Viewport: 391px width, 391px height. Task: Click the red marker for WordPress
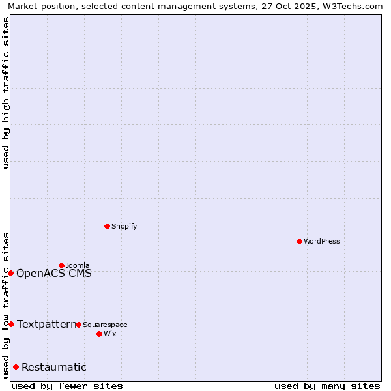[x=299, y=241]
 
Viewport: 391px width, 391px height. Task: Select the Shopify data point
[x=107, y=226]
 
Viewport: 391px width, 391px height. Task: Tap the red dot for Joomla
[x=61, y=265]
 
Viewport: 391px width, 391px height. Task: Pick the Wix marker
[x=99, y=334]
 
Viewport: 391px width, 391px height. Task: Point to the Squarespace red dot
[x=78, y=325]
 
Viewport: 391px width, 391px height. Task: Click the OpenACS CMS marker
[x=10, y=273]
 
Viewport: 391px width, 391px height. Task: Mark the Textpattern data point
[x=11, y=324]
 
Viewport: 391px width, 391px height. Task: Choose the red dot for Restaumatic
[x=16, y=367]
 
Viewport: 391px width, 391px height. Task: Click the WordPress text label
[x=322, y=242]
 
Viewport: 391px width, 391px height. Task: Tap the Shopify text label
[x=124, y=227]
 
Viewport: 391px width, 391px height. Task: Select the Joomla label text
[x=78, y=265]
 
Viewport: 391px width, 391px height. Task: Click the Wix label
[x=109, y=334]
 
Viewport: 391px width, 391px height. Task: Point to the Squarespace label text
[x=105, y=325]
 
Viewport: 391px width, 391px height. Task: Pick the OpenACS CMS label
[x=54, y=273]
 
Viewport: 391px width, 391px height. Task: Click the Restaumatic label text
[x=54, y=367]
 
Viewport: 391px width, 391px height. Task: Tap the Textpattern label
[x=47, y=324]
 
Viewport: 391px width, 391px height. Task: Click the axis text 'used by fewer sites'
[x=67, y=386]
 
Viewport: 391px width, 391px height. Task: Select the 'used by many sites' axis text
[x=327, y=386]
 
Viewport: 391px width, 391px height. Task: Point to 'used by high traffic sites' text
[x=6, y=93]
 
